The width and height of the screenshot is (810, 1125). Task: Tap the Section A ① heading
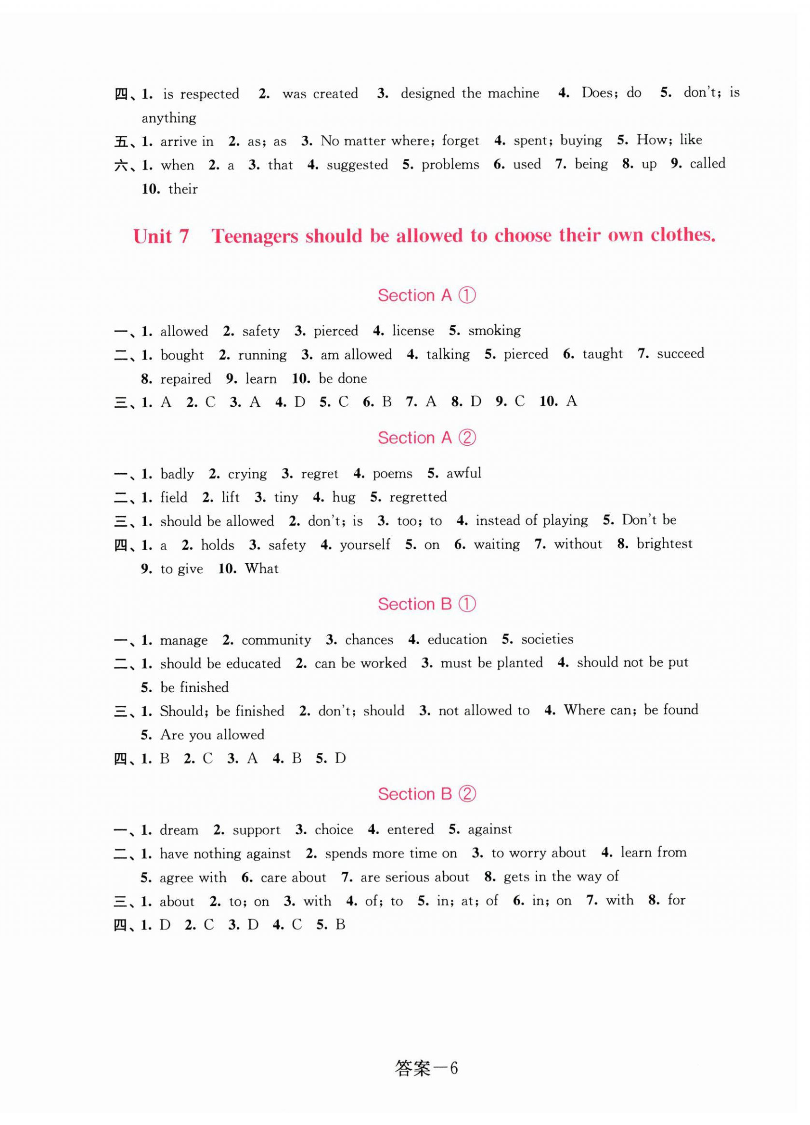426,295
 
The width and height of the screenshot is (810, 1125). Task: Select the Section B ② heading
426,794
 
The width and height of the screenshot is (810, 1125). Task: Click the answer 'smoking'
495,330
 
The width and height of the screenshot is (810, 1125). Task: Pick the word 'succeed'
680,354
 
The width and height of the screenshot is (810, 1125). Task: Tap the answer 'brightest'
664,543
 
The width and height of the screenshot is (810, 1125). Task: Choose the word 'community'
276,640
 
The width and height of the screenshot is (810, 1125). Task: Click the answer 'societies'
547,639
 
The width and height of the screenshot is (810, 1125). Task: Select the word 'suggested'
357,165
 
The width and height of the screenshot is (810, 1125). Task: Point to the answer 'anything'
168,118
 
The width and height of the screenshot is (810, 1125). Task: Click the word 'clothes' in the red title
682,235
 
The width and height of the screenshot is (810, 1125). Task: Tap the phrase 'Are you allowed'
212,735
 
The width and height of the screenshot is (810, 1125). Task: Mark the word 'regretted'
418,497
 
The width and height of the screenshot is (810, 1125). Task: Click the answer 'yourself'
365,544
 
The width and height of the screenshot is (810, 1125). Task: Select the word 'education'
457,639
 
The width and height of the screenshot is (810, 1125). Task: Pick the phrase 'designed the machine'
470,93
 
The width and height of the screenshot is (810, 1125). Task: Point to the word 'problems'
450,165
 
